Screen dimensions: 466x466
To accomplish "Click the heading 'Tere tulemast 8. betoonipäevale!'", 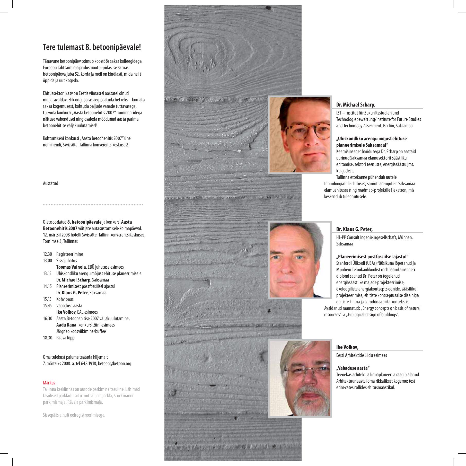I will pos(92,47).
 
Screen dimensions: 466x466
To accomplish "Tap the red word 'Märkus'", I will pos(49,383).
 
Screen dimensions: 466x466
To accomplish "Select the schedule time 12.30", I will pos(47,254).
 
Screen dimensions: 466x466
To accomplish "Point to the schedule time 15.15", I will pos(47,299).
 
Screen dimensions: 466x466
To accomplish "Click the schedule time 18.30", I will pos(47,338).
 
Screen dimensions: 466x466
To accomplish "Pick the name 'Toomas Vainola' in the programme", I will pos(71,267).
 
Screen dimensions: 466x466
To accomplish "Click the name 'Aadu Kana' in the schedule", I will pos(66,325).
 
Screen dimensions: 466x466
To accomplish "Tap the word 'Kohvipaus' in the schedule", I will pos(65,299).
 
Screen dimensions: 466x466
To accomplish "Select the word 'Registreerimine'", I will pos(69,254).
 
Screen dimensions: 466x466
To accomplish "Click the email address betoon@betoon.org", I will pos(115,363).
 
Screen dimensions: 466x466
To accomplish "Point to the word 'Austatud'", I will pos(50,183).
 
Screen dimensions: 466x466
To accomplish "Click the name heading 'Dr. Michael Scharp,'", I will pos(356,104).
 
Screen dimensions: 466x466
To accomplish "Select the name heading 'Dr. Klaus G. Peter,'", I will pos(354,229).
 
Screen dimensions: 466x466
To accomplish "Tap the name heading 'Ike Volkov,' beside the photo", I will pos(347,347).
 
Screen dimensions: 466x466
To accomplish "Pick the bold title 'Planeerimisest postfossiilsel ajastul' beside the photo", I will pos(372,257).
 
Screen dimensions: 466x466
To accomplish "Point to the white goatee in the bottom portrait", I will pos(309,403).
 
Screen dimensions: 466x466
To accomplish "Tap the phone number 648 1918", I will pos(89,363).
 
